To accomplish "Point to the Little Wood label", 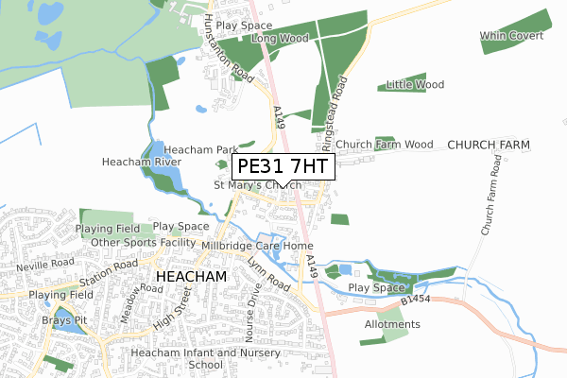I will click(x=415, y=84).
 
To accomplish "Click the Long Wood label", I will click(x=280, y=39).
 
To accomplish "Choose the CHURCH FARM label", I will click(x=489, y=145).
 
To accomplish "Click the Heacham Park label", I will click(x=200, y=149).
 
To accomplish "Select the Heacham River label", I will click(x=142, y=163).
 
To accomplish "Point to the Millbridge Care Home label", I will click(x=256, y=246).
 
